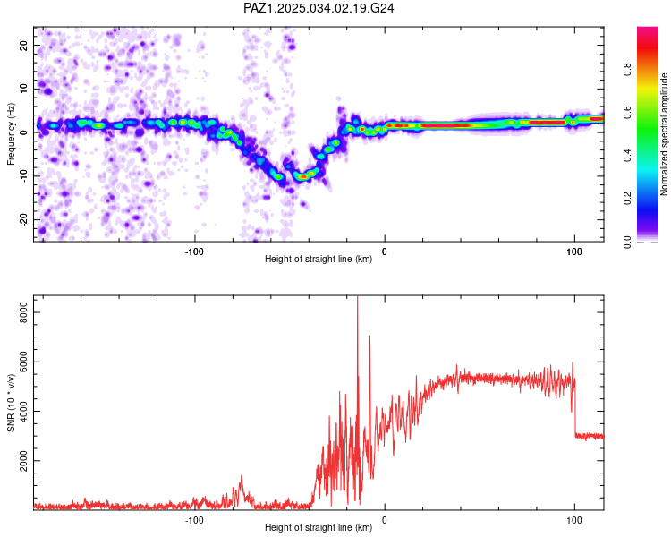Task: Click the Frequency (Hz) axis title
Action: tap(11, 133)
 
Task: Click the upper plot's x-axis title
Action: tap(319, 260)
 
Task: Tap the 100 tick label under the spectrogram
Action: tap(573, 250)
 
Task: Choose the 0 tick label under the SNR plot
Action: tap(385, 518)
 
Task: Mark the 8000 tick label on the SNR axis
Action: tap(19, 311)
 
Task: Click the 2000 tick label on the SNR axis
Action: tap(19, 462)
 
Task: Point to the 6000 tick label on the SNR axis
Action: tap(19, 362)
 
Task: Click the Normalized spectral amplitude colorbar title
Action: tap(665, 134)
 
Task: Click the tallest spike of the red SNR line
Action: tap(358, 299)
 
